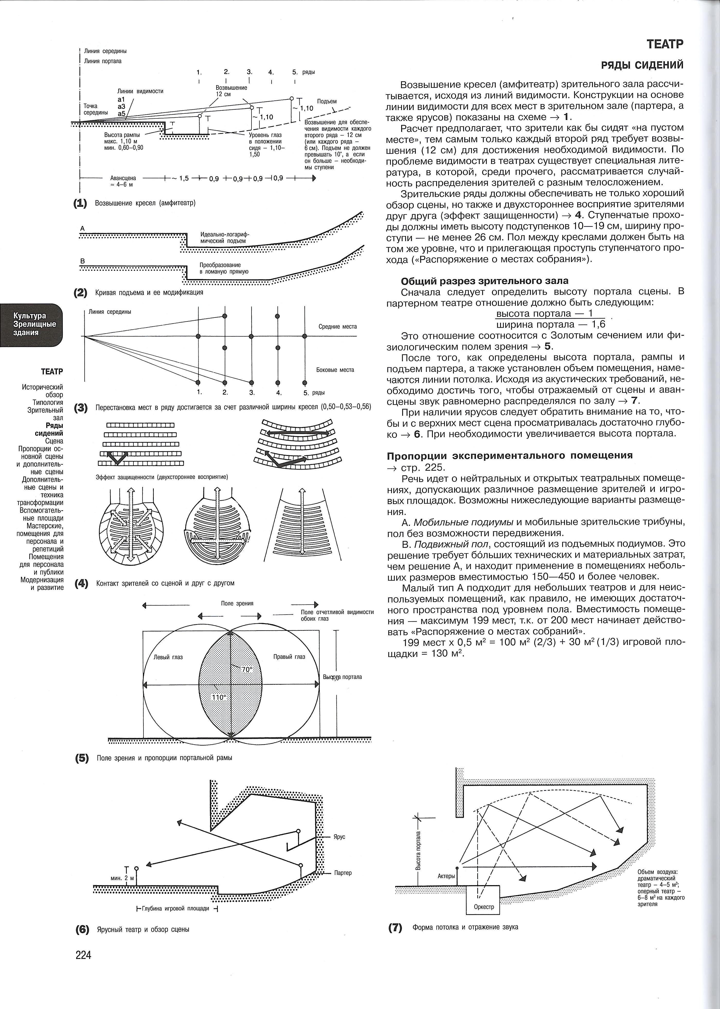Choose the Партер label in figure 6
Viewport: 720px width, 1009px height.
(x=343, y=873)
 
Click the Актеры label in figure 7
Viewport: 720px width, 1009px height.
(x=446, y=876)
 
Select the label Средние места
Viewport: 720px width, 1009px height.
(x=337, y=326)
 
